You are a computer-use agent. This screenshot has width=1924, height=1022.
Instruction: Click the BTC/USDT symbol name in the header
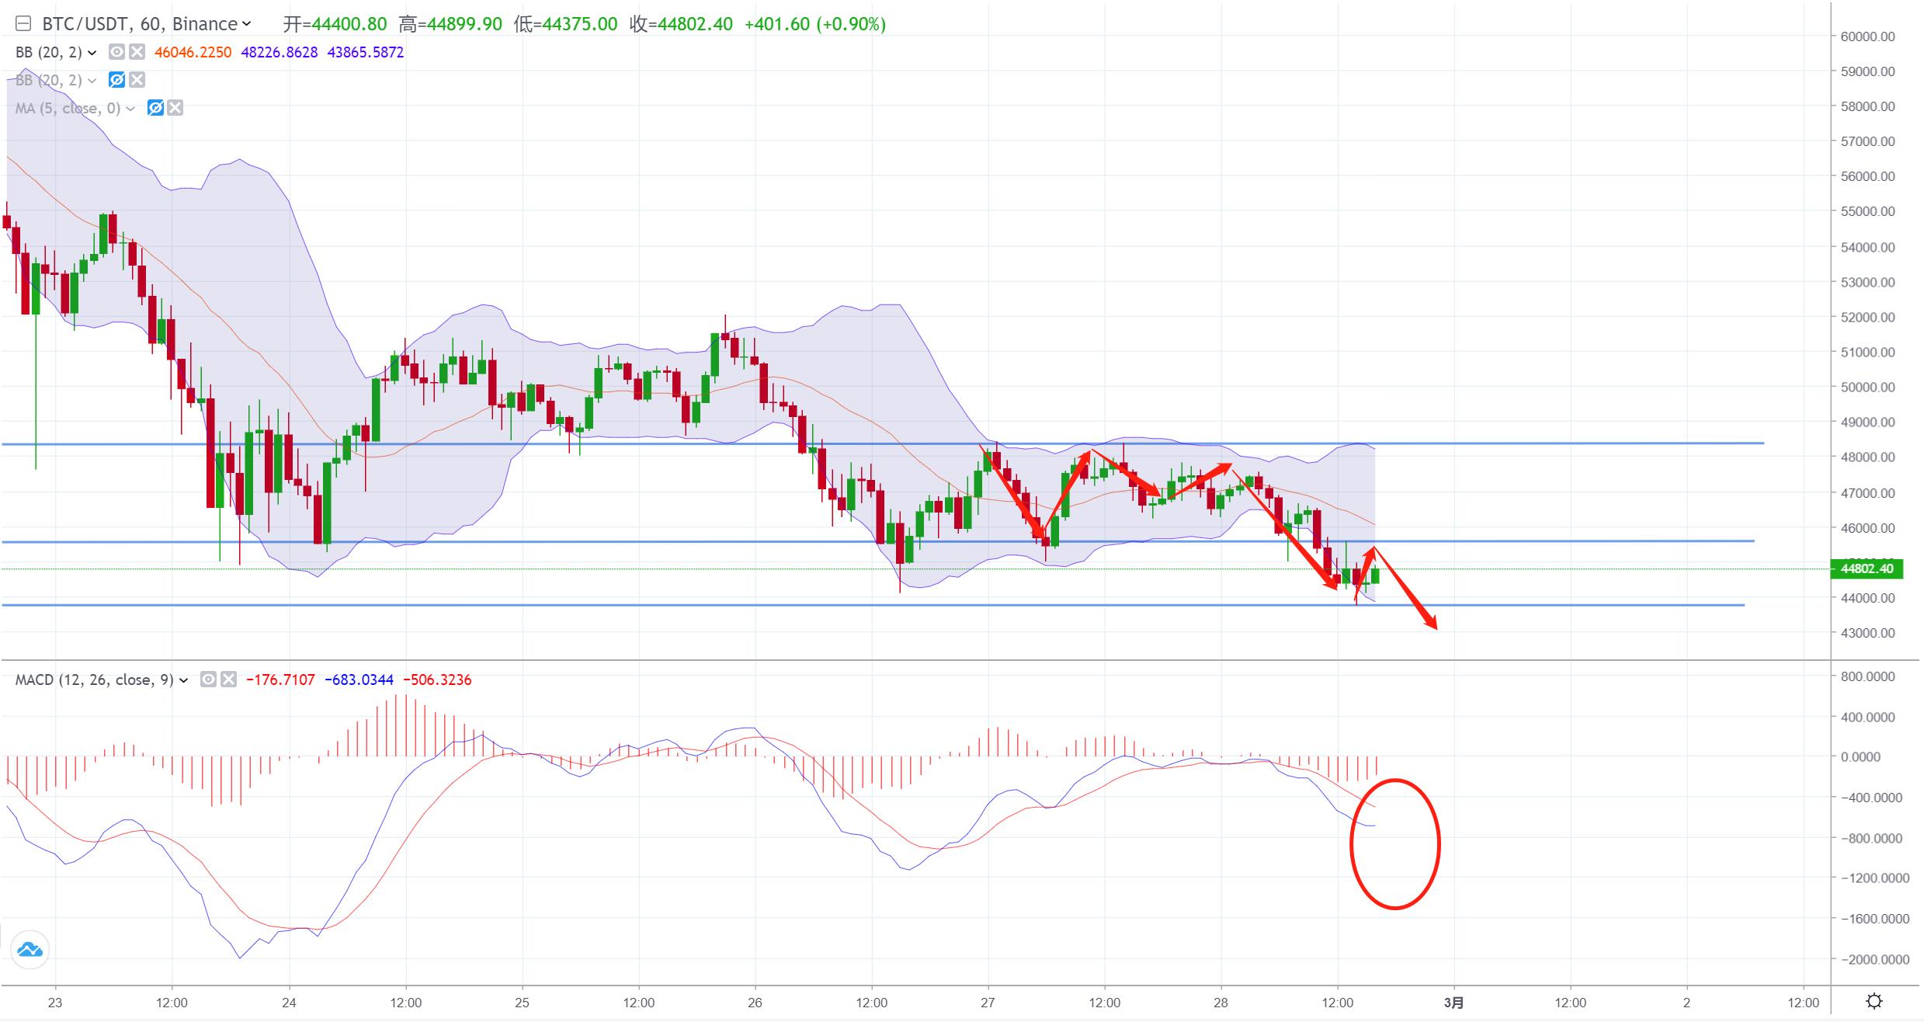[86, 24]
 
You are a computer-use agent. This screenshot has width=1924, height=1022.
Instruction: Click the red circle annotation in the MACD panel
[1394, 844]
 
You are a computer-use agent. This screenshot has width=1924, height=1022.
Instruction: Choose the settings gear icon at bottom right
[1874, 1001]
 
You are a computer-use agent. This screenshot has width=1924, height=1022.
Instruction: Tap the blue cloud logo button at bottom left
[30, 950]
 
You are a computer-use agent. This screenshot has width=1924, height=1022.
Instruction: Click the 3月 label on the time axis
[1453, 1003]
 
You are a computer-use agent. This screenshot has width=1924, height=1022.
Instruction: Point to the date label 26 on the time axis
[755, 1003]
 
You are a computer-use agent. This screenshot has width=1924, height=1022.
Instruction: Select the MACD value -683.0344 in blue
[359, 680]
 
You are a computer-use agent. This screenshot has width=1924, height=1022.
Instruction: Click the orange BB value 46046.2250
[193, 53]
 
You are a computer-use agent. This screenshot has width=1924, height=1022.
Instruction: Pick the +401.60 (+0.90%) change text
[814, 24]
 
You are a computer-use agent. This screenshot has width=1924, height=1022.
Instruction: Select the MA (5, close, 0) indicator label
[68, 109]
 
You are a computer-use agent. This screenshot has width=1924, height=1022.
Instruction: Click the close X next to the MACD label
[228, 680]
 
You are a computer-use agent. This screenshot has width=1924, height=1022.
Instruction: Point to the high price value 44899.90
[461, 24]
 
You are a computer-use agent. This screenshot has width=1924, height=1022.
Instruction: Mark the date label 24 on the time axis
[289, 1003]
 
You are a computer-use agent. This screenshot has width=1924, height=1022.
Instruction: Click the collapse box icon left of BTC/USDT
[23, 24]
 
